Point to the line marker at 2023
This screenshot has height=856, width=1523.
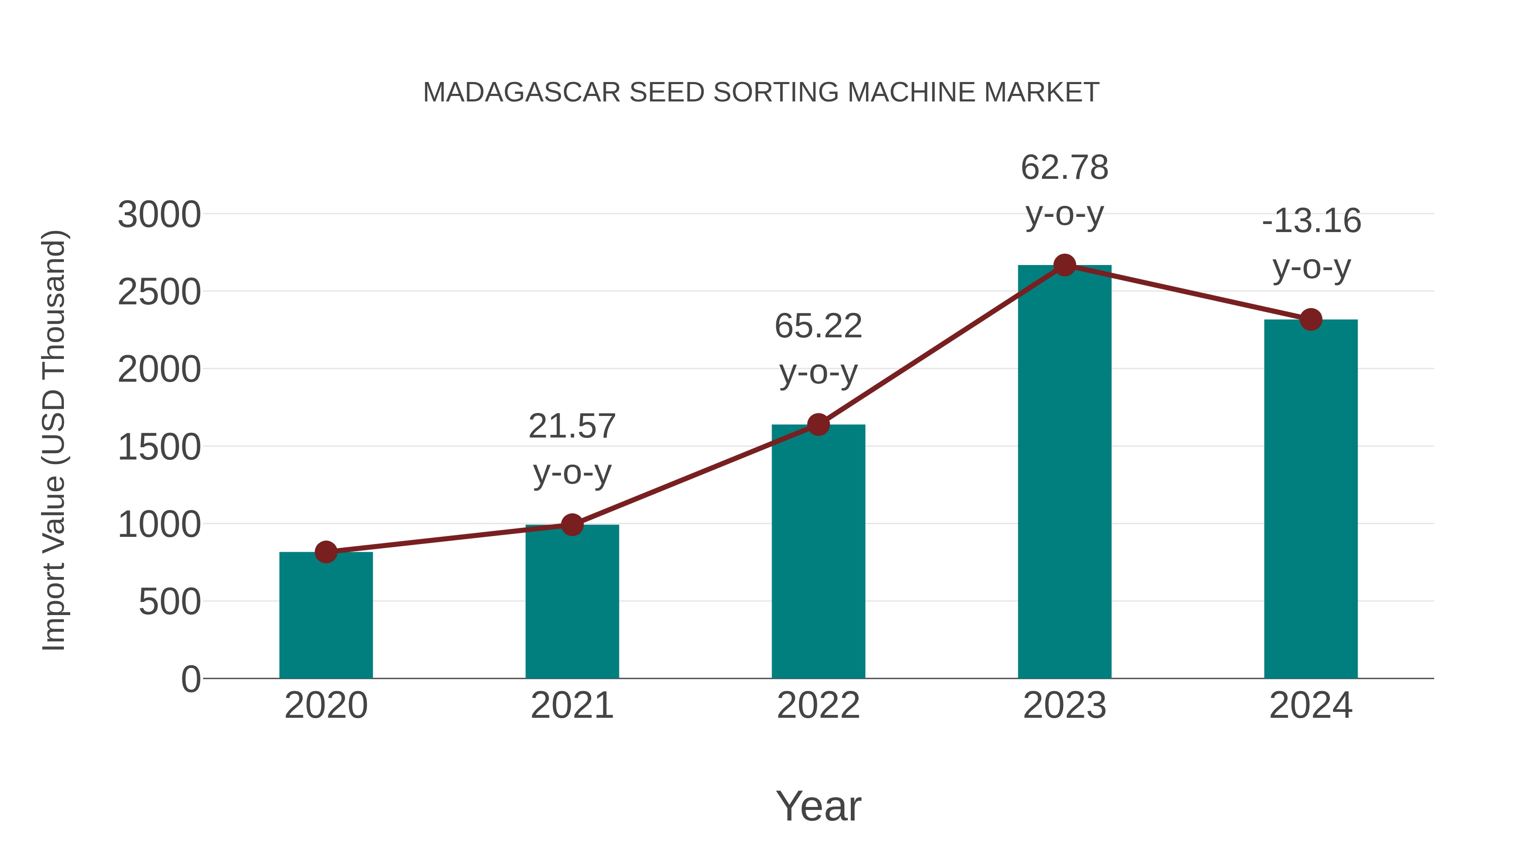coord(1064,265)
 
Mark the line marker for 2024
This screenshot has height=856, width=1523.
coord(1311,320)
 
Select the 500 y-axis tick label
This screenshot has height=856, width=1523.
coord(170,602)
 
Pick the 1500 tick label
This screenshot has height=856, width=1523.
coord(159,447)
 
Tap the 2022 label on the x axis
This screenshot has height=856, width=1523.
coord(818,706)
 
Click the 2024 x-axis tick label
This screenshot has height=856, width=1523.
coord(1311,706)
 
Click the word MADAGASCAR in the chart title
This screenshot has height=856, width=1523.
coord(522,93)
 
